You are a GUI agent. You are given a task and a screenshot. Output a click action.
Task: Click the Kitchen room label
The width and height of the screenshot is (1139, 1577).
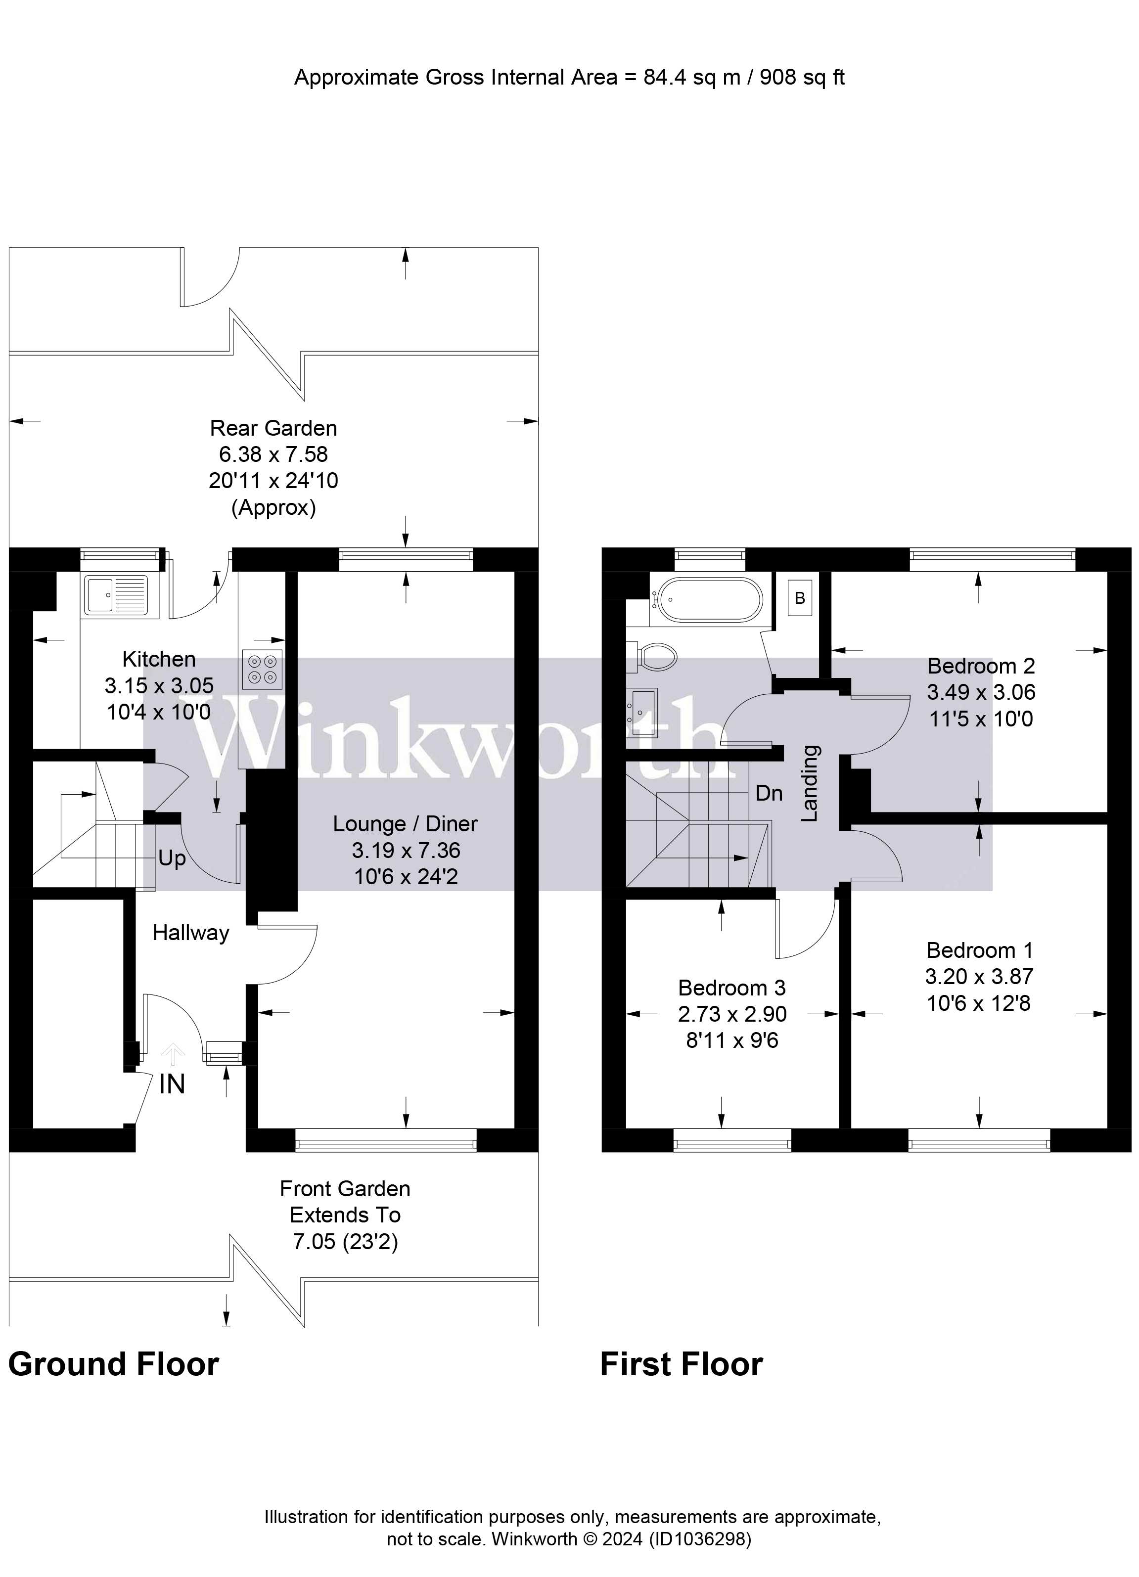point(159,659)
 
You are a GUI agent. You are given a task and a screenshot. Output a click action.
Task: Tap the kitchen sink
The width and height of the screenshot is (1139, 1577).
point(115,595)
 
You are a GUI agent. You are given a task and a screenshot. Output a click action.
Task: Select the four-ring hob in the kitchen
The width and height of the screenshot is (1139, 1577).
point(262,669)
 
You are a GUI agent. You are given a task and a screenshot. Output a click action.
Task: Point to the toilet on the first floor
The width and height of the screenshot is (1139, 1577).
point(656,656)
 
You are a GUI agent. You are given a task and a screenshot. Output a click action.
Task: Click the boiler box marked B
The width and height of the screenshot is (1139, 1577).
point(800,598)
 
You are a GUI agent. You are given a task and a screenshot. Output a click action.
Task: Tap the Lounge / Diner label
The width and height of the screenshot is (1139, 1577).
point(405,824)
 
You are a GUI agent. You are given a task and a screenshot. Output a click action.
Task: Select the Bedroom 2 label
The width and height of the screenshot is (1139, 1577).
point(980,666)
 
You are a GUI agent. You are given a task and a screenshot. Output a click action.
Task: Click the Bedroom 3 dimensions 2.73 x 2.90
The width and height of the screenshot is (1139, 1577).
point(732,1014)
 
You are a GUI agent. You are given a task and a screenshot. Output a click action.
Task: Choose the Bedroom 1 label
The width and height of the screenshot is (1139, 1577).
point(979,950)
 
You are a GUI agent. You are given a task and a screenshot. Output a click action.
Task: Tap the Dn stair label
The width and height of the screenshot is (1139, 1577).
point(769,793)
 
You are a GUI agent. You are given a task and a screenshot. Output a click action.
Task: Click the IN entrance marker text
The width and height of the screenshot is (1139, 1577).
point(172,1084)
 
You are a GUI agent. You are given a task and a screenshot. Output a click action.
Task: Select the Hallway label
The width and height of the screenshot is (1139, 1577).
point(190,933)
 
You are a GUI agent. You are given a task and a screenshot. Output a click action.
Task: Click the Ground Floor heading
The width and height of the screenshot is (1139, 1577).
point(113,1365)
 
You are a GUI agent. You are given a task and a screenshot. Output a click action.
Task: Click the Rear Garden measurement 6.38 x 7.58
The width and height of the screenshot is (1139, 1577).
point(273,454)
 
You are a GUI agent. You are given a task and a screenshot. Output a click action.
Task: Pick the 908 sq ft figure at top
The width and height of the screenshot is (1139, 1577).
point(802,77)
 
